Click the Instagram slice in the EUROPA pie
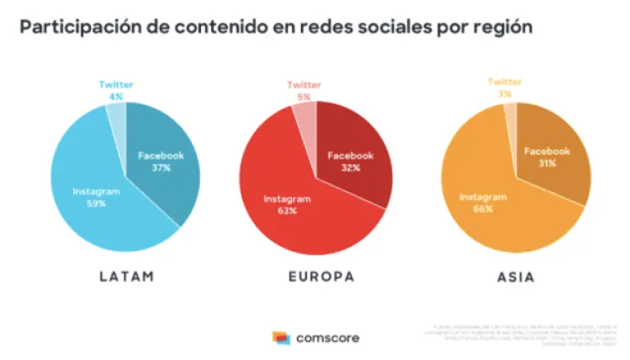click(x=287, y=213)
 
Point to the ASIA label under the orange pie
click(x=516, y=277)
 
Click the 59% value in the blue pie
click(x=97, y=203)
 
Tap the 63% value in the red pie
click(x=286, y=211)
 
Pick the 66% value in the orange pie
click(x=483, y=209)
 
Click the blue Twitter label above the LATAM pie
click(x=116, y=84)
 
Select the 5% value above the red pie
click(x=304, y=96)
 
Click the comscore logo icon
click(x=281, y=337)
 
